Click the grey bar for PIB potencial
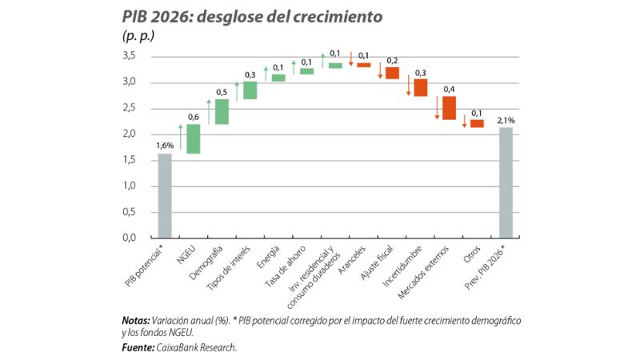pyautogui.click(x=165, y=195)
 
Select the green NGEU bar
pyautogui.click(x=194, y=138)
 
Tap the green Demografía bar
pyautogui.click(x=222, y=112)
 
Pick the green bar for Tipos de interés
pyautogui.click(x=250, y=90)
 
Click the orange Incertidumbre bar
pyautogui.click(x=420, y=87)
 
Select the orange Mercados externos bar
pyautogui.click(x=449, y=108)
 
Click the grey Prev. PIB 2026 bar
pyautogui.click(x=506, y=182)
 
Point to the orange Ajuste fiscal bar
pyautogui.click(x=392, y=73)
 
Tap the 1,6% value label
pyautogui.click(x=165, y=145)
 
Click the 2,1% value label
pyautogui.click(x=506, y=119)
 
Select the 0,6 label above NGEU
pyautogui.click(x=194, y=118)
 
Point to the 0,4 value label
pyautogui.click(x=449, y=89)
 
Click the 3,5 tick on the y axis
pyautogui.click(x=130, y=56)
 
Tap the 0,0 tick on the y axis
pyautogui.click(x=130, y=238)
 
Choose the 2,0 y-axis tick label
pyautogui.click(x=130, y=134)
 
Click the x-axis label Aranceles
pyautogui.click(x=353, y=258)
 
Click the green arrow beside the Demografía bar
pyautogui.click(x=209, y=111)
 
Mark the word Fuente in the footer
pyautogui.click(x=139, y=347)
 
